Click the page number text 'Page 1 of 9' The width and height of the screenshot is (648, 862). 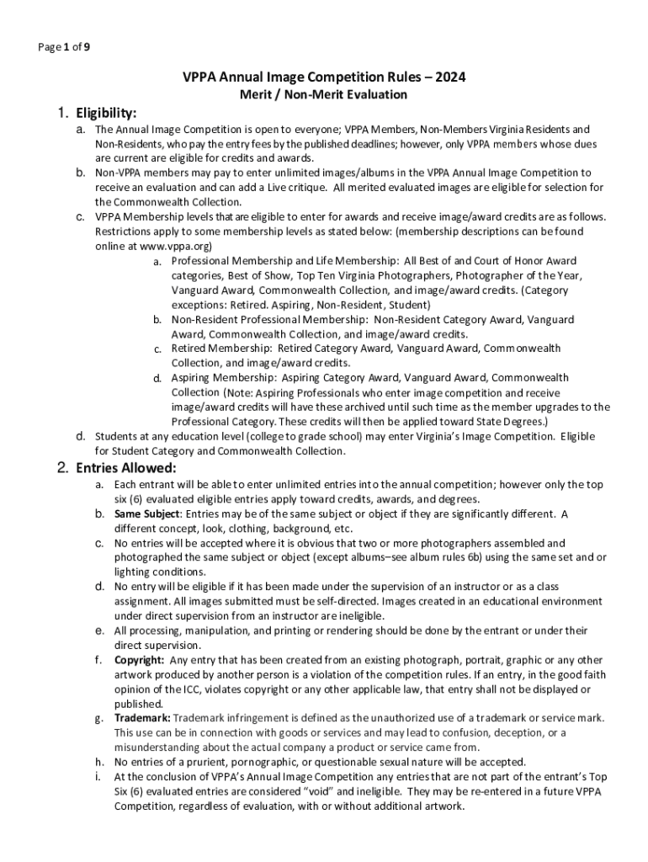pos(64,47)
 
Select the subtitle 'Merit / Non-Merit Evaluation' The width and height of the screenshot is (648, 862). pos(324,95)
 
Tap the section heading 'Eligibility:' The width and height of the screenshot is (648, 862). pos(107,113)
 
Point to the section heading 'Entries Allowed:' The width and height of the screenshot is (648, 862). pos(126,468)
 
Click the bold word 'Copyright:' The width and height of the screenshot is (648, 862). pos(140,661)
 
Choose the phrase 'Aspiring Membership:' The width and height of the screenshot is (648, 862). pos(223,378)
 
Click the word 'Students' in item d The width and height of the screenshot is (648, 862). pos(115,437)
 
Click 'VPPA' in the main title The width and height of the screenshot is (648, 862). pos(202,78)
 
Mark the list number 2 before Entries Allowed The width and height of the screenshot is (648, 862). pos(63,468)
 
